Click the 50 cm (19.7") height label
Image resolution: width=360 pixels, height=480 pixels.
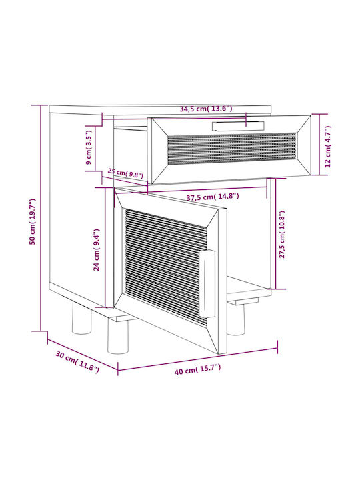pyautogui.click(x=33, y=221)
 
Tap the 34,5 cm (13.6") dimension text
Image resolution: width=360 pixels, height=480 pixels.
pyautogui.click(x=206, y=109)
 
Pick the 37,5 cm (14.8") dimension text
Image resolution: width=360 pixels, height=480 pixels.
pyautogui.click(x=213, y=197)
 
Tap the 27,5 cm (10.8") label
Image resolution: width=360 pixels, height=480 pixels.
pyautogui.click(x=282, y=235)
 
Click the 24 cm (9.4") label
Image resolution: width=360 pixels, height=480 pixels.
pyautogui.click(x=97, y=249)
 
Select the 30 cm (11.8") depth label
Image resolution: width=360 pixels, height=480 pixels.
pyautogui.click(x=77, y=362)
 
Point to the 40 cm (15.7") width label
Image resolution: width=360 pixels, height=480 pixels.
pyautogui.click(x=197, y=369)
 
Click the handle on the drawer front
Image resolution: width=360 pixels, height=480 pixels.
pyautogui.click(x=238, y=126)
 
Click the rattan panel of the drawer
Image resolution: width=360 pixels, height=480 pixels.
pyautogui.click(x=232, y=149)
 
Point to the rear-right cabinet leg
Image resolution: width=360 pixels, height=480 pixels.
pyautogui.click(x=236, y=319)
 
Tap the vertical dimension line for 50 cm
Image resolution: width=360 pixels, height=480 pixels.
pyautogui.click(x=41, y=218)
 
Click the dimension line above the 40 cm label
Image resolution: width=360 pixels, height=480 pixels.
pyautogui.click(x=197, y=359)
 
